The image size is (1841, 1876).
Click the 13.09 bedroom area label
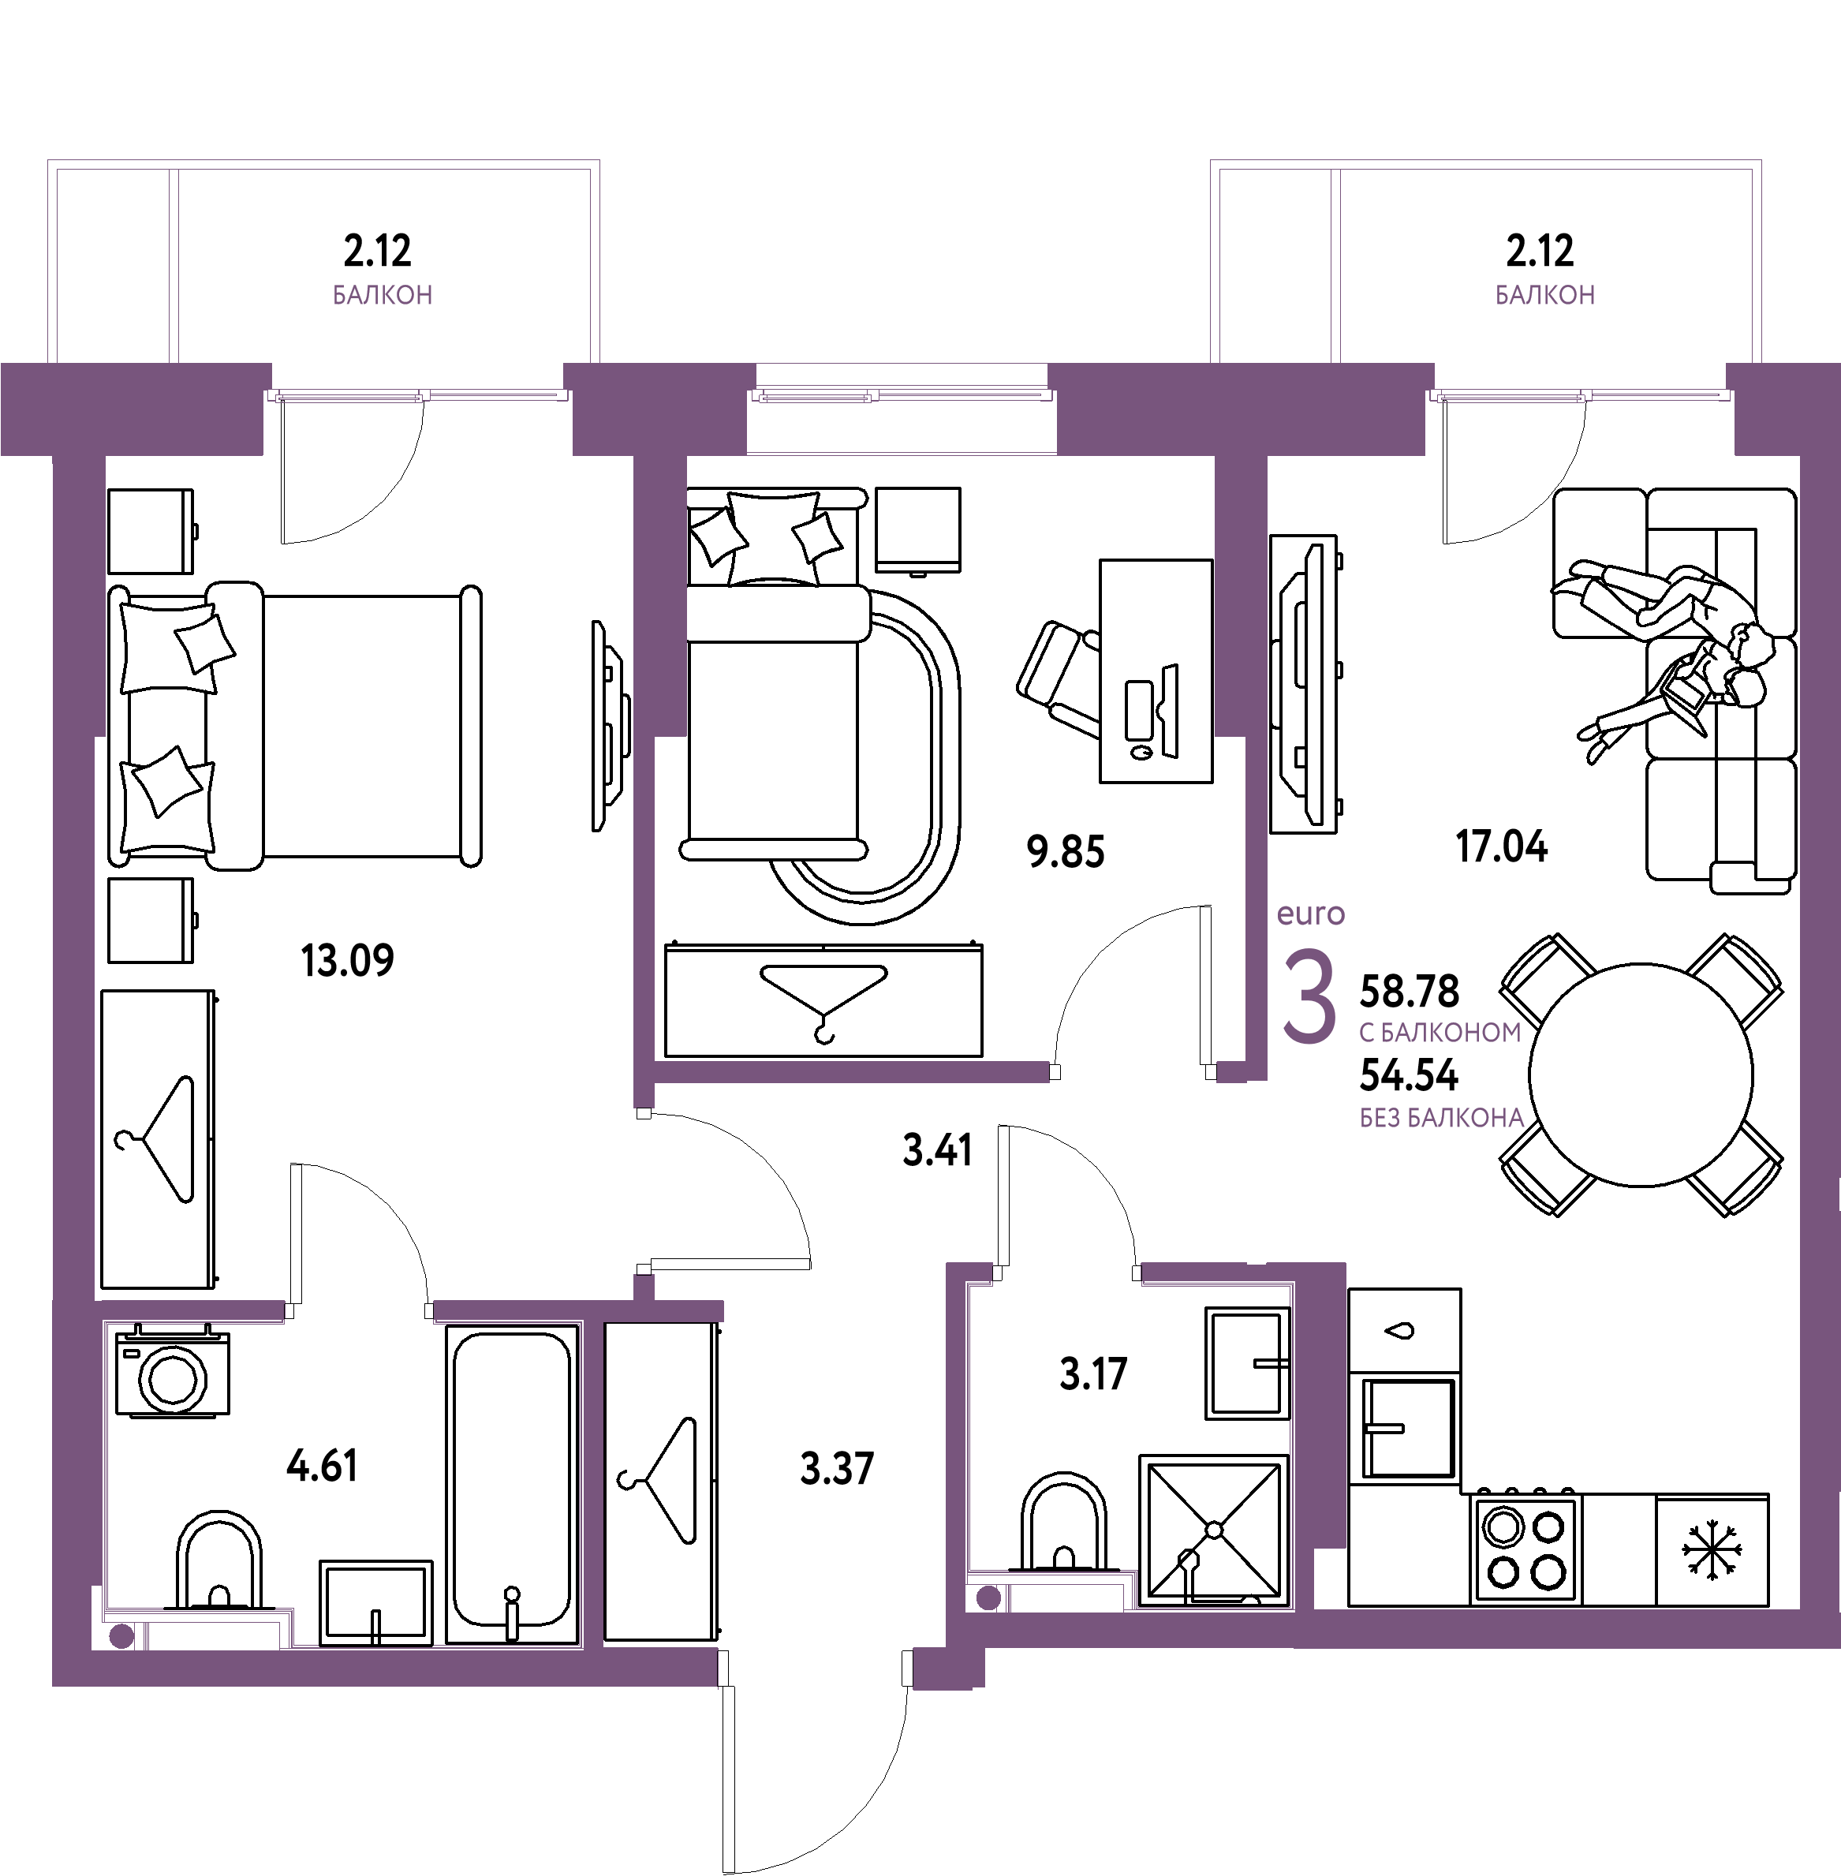(x=347, y=960)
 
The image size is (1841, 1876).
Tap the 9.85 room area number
(x=1066, y=852)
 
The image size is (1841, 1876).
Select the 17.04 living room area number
(x=1502, y=846)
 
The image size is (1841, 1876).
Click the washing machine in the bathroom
(x=172, y=1371)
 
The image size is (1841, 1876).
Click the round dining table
(x=1641, y=1074)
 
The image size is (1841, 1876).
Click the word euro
(x=1311, y=914)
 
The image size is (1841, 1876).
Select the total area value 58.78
(x=1410, y=991)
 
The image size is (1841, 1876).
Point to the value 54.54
(x=1410, y=1074)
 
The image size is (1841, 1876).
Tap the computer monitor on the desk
(x=1171, y=711)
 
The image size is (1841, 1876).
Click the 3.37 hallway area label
(x=838, y=1469)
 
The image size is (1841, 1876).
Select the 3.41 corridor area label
(x=938, y=1149)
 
